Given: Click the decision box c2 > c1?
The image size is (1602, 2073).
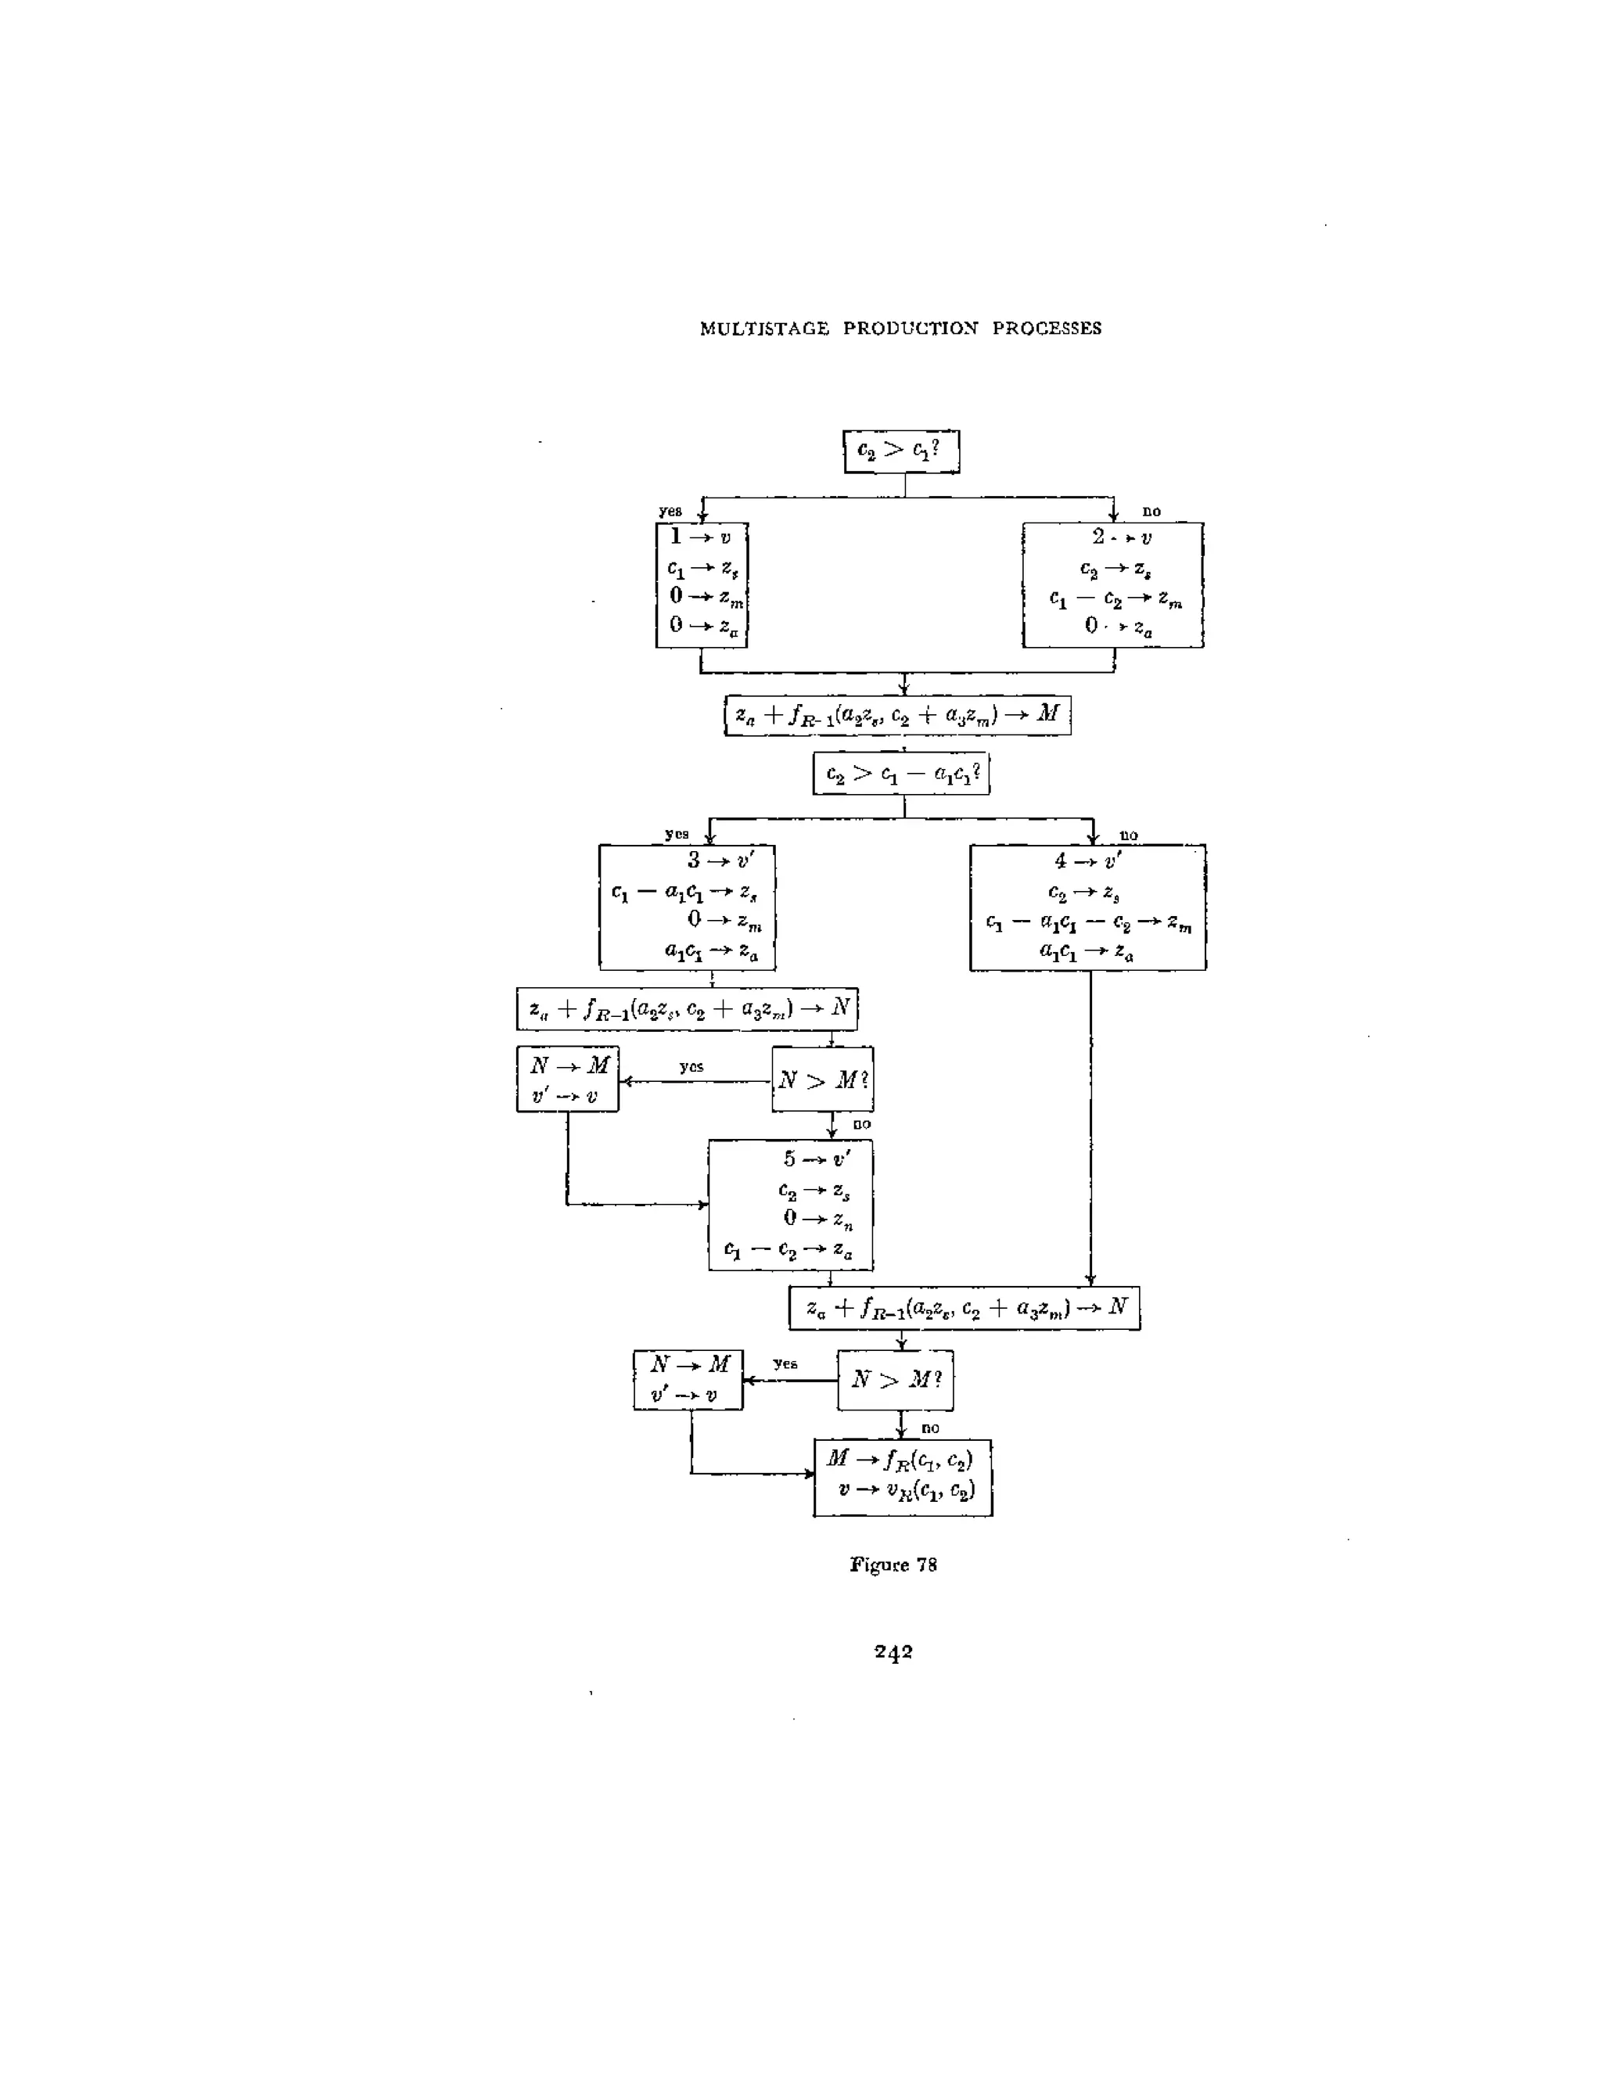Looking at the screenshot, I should pos(900,451).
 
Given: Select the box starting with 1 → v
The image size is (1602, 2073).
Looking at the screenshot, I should pos(702,584).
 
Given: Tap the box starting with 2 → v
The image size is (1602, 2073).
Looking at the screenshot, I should pos(1112,584).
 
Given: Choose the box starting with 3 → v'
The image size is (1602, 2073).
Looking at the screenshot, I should pos(687,907).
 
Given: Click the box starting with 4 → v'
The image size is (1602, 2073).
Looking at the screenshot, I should pos(1087,907).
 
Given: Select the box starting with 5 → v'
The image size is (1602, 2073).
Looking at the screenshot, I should pos(791,1205).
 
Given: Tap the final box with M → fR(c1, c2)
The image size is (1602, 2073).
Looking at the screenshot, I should pos(903,1477).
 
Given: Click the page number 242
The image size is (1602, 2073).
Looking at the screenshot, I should pos(893,1651).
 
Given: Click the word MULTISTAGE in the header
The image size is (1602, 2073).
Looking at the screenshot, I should pos(764,329).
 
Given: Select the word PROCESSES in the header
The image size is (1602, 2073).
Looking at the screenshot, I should pos(1047,329).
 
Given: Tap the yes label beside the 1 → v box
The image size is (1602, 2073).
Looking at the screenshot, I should pos(670,511).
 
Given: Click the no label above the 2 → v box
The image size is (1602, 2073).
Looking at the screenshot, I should pos(1151,511).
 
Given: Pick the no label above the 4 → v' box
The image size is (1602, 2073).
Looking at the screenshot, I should pos(1129,835).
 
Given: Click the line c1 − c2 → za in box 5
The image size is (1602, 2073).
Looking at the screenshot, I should pos(788,1250).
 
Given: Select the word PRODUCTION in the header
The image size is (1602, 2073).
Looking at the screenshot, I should pos(911,329).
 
